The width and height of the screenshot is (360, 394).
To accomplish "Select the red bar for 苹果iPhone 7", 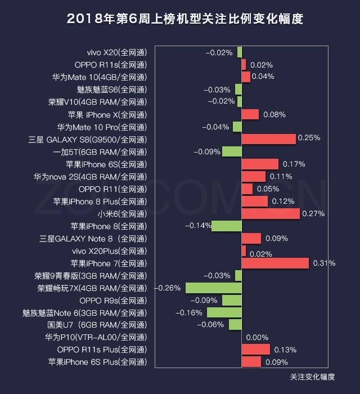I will [275, 263].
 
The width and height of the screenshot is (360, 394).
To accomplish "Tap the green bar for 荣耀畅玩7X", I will [213, 288].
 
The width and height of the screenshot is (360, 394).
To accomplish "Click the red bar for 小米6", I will [271, 213].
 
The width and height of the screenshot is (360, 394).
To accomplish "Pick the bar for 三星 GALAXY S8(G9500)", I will [268, 139].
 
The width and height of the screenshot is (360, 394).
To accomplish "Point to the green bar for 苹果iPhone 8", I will [226, 226].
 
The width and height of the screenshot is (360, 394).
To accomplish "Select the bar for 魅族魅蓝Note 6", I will [224, 312].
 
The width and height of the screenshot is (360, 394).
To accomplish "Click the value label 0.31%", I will [324, 263].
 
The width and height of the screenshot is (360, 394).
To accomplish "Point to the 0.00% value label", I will [257, 337].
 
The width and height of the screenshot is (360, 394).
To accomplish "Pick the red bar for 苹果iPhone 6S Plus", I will [251, 362].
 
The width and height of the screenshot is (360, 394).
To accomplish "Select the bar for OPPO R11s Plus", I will [255, 350].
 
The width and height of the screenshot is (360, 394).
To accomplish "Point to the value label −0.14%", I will [196, 226].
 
